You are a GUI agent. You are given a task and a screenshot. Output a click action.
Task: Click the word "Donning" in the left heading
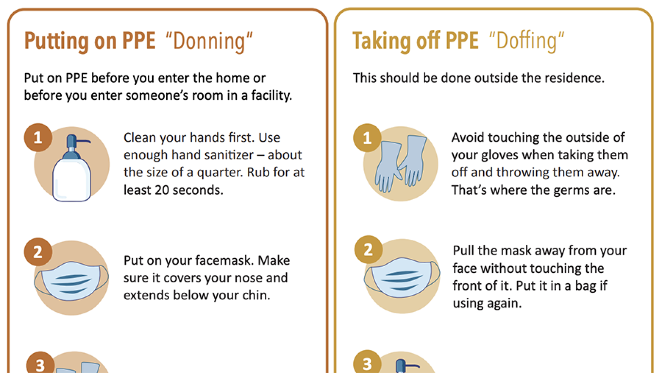(209, 41)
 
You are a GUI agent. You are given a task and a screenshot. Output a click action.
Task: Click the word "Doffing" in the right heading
(526, 41)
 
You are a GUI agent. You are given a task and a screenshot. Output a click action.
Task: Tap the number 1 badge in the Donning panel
(38, 137)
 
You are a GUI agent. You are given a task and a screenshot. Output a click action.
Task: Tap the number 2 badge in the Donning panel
(38, 252)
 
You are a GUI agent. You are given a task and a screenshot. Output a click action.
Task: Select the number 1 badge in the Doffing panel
(367, 138)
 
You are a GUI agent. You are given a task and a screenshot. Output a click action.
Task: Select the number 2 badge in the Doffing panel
(369, 250)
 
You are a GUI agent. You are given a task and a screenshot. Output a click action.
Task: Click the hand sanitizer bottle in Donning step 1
(72, 168)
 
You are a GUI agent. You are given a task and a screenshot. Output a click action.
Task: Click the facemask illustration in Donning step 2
(71, 281)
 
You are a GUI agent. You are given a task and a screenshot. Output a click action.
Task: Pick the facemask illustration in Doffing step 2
(402, 277)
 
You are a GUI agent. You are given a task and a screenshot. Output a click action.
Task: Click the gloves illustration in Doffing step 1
(401, 164)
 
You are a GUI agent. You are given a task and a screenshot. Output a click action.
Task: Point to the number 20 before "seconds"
(162, 190)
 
